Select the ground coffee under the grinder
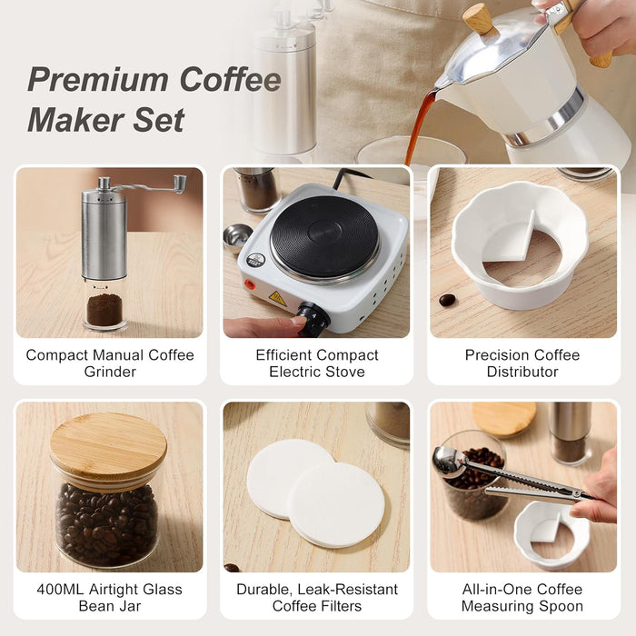[x=104, y=310]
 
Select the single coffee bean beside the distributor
[x=447, y=300]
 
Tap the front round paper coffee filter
[x=335, y=504]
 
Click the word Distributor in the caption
[x=522, y=372]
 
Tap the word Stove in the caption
[x=345, y=372]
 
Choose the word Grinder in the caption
[x=110, y=372]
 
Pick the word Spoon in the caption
[x=561, y=606]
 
